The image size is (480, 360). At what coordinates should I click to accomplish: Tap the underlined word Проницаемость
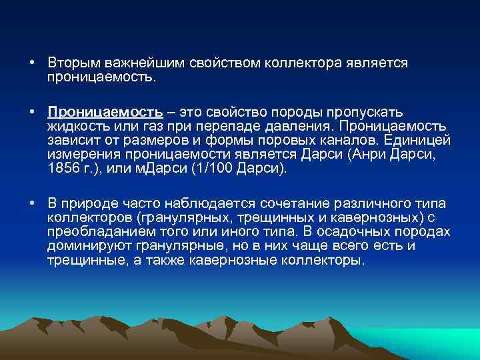(105, 111)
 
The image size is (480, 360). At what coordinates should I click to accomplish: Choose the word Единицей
(421, 140)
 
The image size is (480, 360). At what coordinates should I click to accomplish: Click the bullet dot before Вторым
(31, 62)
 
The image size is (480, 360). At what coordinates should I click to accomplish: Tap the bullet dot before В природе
(31, 203)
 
